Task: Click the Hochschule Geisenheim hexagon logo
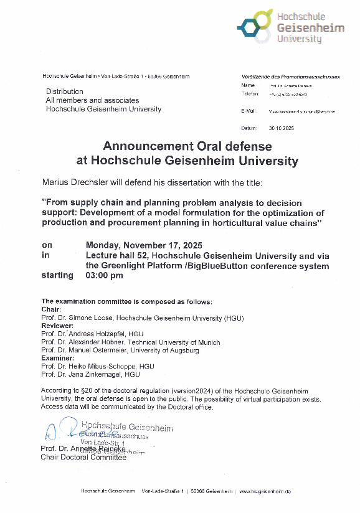tap(254, 28)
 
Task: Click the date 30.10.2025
tap(281, 128)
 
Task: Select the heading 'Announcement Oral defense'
tap(187, 146)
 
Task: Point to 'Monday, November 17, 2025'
tap(144, 245)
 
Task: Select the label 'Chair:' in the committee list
tap(51, 309)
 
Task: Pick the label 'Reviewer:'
tap(57, 326)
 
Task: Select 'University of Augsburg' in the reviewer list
tap(169, 350)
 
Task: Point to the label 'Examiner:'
tap(58, 358)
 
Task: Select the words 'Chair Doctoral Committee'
tap(83, 457)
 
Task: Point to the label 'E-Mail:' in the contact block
tap(248, 111)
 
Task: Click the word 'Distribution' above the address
tap(64, 92)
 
